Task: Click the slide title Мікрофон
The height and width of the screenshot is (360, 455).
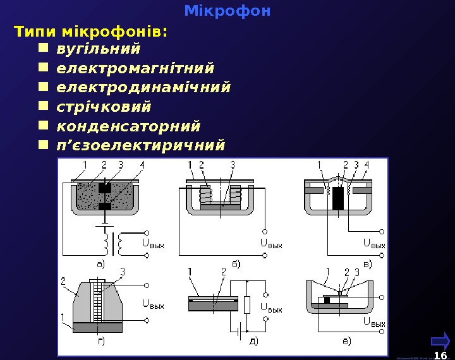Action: point(227,11)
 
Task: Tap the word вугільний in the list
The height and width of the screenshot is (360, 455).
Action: point(98,49)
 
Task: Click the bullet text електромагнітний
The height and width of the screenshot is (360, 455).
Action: point(135,67)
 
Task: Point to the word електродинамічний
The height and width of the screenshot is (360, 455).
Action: point(143,86)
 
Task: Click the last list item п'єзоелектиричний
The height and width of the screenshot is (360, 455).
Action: point(140,145)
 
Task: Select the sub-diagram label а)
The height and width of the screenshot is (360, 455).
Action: point(100,256)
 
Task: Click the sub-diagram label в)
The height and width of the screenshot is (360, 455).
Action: point(366,263)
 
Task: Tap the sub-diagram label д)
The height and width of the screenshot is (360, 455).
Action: point(252,342)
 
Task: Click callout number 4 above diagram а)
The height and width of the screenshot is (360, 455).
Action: point(142,165)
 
